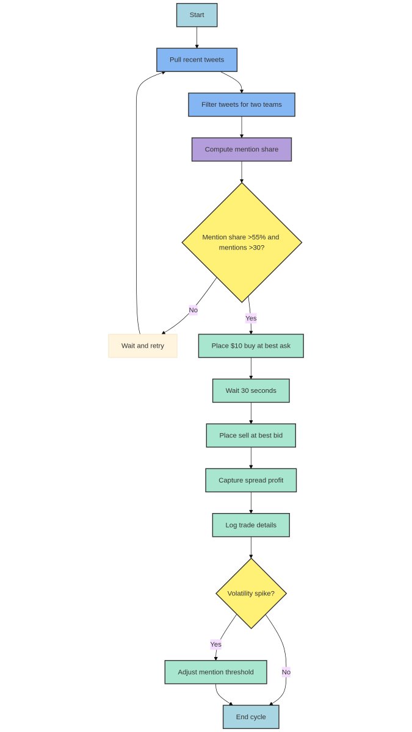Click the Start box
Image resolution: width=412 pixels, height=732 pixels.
coord(197,15)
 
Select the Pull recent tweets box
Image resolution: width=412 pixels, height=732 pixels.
coord(197,60)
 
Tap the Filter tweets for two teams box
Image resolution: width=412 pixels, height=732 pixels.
coord(242,104)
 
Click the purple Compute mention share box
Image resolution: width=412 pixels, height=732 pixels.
coord(242,149)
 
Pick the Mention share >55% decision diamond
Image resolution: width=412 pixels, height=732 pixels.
coord(242,242)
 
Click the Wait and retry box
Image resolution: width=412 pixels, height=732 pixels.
coord(143,346)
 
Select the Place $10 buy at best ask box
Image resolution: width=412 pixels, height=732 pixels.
coord(251,346)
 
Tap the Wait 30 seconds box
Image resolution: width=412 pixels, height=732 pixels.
coord(251,390)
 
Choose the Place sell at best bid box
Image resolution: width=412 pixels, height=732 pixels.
coord(251,436)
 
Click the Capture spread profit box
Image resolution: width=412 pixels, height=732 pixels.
coord(251,480)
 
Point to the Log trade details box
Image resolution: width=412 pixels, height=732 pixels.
coord(251,525)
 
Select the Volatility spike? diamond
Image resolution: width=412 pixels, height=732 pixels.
coord(251,594)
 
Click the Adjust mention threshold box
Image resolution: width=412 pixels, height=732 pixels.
coord(215,672)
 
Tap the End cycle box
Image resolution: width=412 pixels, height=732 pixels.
coord(251,717)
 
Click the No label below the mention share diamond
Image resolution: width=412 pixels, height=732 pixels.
coord(193,310)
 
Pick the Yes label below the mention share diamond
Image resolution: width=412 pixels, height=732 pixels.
coord(251,318)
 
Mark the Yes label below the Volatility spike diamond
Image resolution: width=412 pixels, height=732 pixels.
coord(216,644)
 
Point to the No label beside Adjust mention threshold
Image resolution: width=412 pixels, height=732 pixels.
coord(286,672)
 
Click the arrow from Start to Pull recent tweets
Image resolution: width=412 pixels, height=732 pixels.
coord(197,37)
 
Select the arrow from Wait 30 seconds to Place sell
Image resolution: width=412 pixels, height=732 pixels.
coord(251,413)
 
